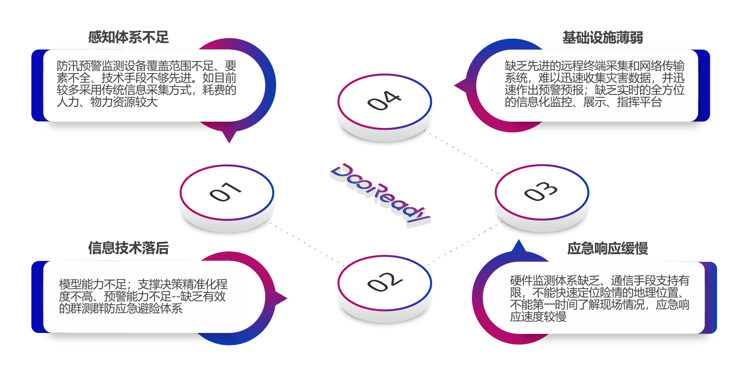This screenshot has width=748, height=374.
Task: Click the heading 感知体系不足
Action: [x=128, y=37]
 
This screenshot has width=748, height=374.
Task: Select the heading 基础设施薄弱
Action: [x=603, y=37]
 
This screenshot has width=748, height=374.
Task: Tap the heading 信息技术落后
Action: [x=128, y=248]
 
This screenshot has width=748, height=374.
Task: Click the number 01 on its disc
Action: [x=225, y=192]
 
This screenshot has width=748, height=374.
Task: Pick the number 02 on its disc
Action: [x=384, y=282]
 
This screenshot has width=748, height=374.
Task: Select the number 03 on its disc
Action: [x=541, y=192]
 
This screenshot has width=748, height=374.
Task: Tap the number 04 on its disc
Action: [x=384, y=101]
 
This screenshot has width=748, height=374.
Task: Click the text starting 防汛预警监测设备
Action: [x=146, y=83]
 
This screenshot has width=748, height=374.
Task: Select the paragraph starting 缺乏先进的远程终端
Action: [x=594, y=83]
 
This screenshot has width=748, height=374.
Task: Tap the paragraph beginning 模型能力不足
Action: [x=143, y=296]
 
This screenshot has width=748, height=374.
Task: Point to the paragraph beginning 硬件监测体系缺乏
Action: [x=599, y=298]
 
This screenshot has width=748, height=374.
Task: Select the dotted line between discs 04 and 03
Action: [x=462, y=152]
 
